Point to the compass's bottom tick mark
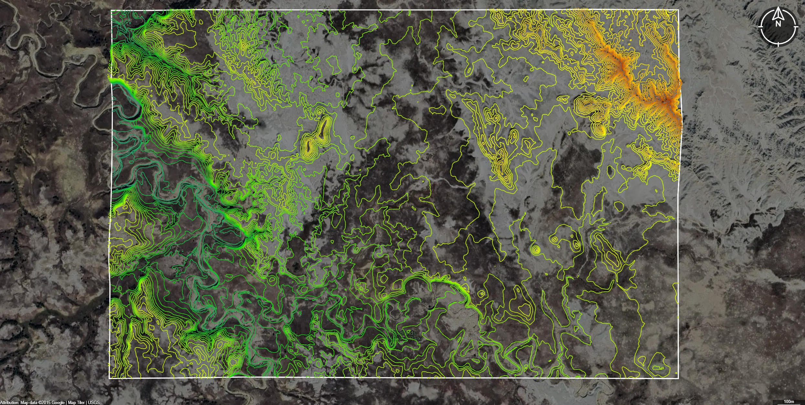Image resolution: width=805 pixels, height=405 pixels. (x=778, y=43)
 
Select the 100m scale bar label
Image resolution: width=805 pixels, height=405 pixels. (x=789, y=401)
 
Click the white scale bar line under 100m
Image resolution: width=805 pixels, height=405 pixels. (x=789, y=404)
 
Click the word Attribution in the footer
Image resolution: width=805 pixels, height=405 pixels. (x=9, y=402)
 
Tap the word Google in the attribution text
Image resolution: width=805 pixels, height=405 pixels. (x=58, y=402)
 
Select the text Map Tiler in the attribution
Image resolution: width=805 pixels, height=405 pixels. (x=76, y=402)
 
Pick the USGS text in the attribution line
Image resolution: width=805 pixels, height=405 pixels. (x=94, y=402)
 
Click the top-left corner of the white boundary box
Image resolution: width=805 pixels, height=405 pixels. (x=111, y=10)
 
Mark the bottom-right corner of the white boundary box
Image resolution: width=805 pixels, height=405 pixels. (x=678, y=378)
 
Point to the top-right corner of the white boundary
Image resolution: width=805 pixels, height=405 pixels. (x=678, y=10)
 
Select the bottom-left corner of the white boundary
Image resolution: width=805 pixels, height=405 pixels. (x=109, y=378)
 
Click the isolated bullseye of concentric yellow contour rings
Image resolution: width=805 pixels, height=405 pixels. (x=536, y=250)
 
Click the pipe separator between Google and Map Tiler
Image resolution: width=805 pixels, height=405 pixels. (x=66, y=402)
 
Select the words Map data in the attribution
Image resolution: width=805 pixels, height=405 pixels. (x=29, y=402)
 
